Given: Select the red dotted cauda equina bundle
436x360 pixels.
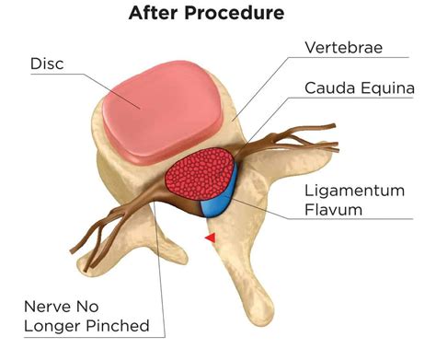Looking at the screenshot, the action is click(199, 175).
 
